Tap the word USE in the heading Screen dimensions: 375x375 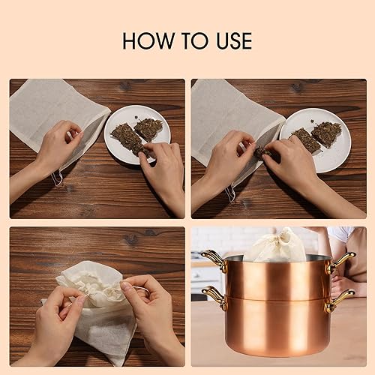pyautogui.click(x=228, y=40)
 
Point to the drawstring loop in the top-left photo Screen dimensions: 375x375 pyautogui.click(x=57, y=178)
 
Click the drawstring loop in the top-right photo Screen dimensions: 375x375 pyautogui.click(x=230, y=193)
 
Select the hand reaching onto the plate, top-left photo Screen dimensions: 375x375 pyautogui.click(x=161, y=172)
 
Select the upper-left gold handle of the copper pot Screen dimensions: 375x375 pyautogui.click(x=213, y=261)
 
